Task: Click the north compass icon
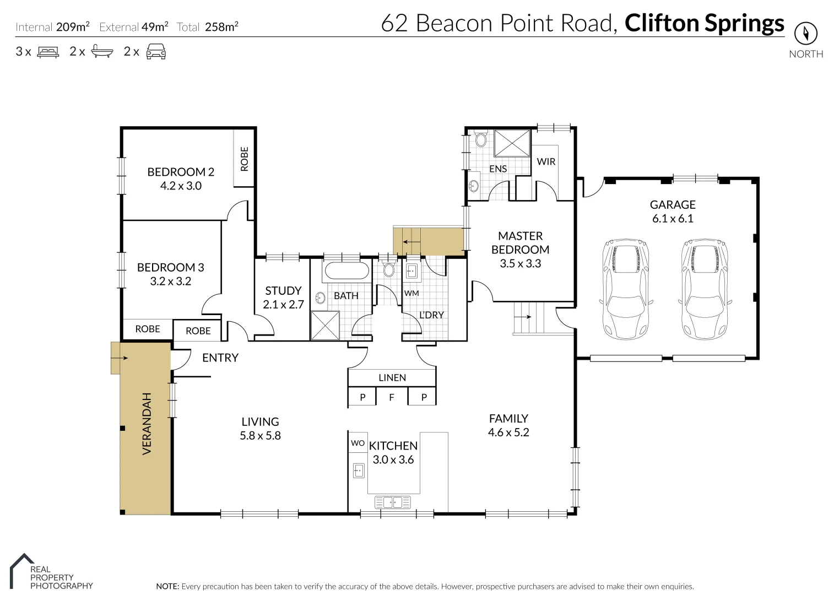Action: pos(806,33)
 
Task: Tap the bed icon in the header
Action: pos(48,52)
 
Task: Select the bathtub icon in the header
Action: pos(102,51)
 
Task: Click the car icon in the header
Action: pos(156,51)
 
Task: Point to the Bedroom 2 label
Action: pos(181,172)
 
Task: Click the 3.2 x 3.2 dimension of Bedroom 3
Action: pos(171,281)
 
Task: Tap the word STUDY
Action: pos(283,290)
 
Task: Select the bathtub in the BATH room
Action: pos(346,271)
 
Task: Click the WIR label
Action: pos(546,161)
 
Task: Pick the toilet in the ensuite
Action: pos(481,138)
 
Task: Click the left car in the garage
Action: pos(626,289)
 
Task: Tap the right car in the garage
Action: pos(705,289)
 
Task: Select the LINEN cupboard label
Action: pos(392,377)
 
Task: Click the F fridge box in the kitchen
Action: pos(392,397)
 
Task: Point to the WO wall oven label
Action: pos(358,443)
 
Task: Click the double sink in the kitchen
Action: pos(392,502)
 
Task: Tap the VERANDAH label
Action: pos(147,424)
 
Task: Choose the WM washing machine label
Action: pos(411,294)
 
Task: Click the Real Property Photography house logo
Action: pos(21,570)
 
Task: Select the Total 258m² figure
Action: pos(207,27)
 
